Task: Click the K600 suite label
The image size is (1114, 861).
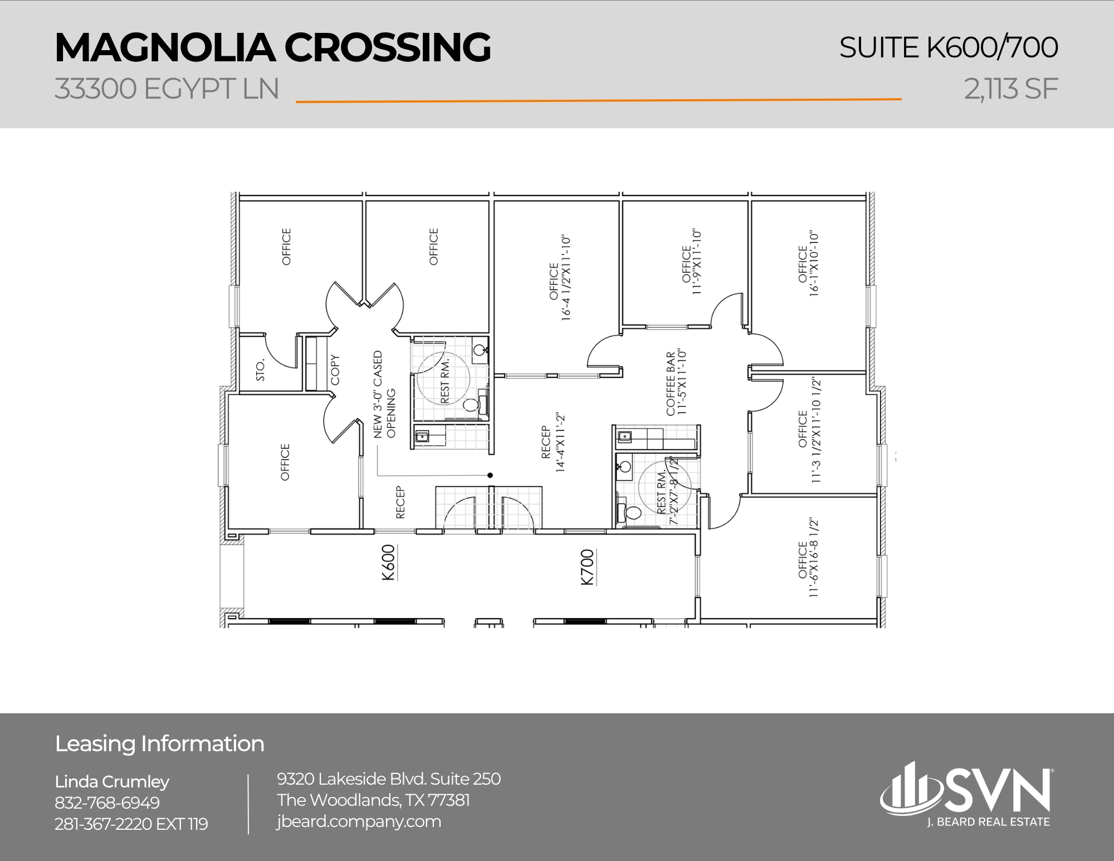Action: pos(389,563)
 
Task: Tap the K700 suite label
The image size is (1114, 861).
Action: pos(588,567)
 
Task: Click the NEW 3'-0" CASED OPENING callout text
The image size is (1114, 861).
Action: pos(384,394)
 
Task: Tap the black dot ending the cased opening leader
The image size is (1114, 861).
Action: pos(490,475)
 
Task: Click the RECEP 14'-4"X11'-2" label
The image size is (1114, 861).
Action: pos(553,443)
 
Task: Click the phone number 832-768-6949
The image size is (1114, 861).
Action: pos(107,802)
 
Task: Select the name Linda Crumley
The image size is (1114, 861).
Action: pos(112,781)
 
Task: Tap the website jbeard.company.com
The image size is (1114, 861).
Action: pos(359,821)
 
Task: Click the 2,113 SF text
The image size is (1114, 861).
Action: pos(1011,89)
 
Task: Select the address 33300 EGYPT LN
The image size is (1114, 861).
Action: pos(167,89)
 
